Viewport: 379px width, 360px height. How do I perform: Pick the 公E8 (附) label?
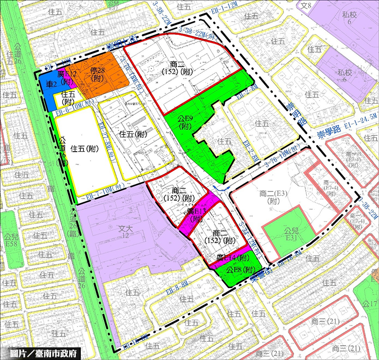pos(239,271)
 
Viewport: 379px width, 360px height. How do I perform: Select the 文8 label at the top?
pos(319,6)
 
